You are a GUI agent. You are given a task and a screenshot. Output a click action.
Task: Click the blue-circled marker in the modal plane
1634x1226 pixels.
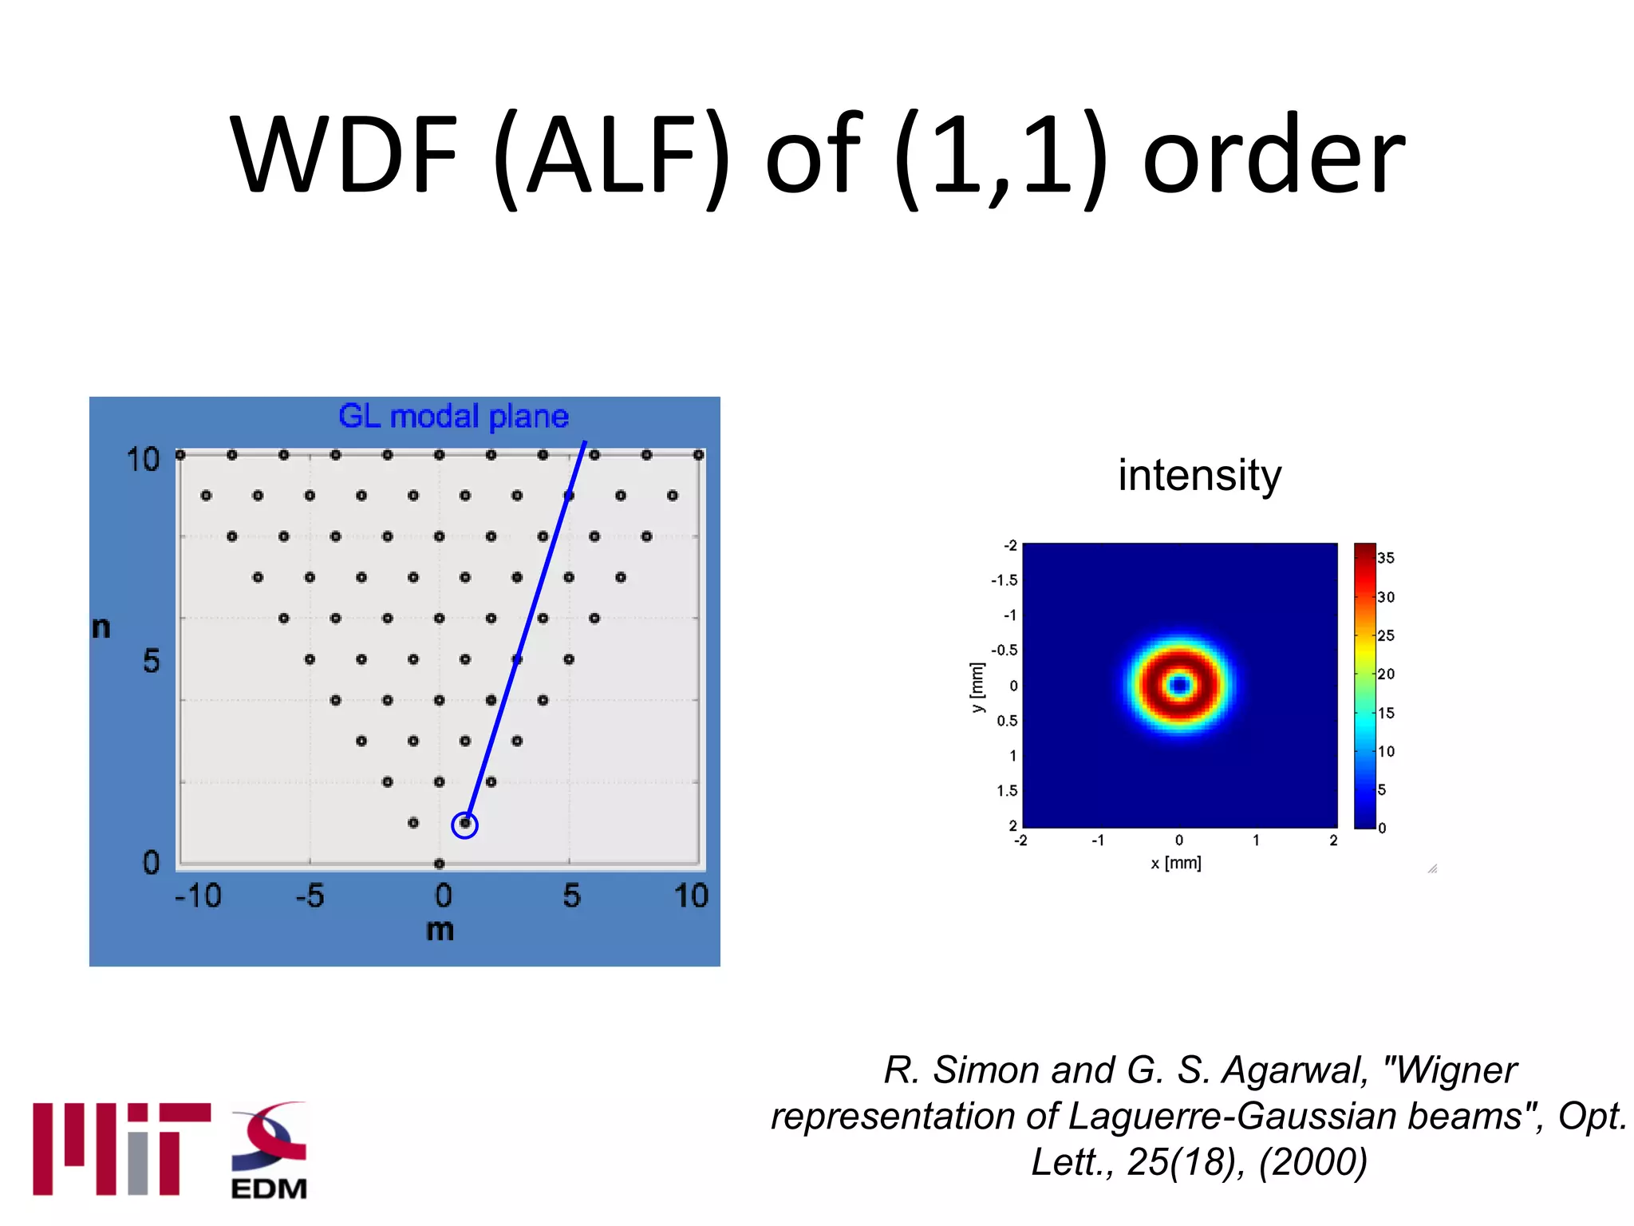pos(464,825)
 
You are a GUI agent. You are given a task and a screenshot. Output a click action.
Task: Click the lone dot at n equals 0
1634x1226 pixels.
pos(439,864)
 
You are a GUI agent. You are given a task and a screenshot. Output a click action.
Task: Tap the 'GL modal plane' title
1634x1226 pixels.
pos(453,417)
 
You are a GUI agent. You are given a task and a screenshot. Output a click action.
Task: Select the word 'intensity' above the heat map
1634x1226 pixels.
pos(1199,475)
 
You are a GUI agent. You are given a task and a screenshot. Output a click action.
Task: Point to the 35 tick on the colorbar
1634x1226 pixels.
pos(1386,558)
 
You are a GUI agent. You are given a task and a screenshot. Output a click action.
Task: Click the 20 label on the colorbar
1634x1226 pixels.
pos(1386,674)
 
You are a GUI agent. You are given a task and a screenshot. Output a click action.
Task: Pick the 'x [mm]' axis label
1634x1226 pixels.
pos(1176,863)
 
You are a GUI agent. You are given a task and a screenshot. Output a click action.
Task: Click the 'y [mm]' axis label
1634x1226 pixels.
pos(977,687)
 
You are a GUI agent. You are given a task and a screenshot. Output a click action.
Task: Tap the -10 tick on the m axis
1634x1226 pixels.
pos(198,896)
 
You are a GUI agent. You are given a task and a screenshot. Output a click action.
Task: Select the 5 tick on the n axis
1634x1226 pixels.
pos(151,661)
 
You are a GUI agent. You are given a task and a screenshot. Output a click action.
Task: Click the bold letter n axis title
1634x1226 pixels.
pos(101,627)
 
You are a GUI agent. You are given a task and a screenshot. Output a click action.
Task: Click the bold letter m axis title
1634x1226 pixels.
pos(440,930)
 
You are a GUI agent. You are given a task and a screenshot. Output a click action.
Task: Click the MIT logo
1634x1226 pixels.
pos(121,1149)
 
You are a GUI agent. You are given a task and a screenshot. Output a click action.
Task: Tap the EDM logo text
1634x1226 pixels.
pos(269,1188)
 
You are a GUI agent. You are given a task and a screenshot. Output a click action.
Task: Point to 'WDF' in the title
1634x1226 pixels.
pos(344,155)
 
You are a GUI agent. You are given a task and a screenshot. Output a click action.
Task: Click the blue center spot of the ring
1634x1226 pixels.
pos(1180,685)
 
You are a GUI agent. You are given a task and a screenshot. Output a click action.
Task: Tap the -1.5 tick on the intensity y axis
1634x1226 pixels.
pos(1004,580)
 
